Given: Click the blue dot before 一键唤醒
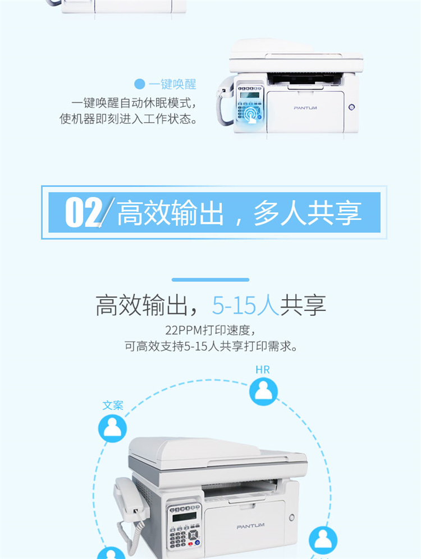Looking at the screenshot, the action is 140,84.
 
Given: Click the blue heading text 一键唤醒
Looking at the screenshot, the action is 172,84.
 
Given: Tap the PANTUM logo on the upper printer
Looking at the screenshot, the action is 305,108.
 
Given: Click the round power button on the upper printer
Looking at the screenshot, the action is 351,107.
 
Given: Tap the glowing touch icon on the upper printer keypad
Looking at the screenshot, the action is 251,114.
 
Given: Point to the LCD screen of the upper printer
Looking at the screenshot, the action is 250,95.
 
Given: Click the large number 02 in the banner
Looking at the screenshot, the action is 84,212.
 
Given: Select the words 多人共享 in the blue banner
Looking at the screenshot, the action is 308,213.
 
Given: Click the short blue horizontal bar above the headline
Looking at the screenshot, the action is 210,279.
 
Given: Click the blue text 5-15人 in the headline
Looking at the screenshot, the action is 246,305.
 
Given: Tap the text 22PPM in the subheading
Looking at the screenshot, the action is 184,330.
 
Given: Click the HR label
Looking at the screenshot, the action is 263,370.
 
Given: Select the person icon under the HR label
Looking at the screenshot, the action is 263,391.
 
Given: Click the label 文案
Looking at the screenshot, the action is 113,405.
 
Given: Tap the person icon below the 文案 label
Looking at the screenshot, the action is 112,428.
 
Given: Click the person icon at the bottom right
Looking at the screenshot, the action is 323,540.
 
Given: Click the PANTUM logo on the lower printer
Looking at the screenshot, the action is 250,526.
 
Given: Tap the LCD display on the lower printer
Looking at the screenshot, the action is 184,516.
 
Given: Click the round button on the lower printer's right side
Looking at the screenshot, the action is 292,517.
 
